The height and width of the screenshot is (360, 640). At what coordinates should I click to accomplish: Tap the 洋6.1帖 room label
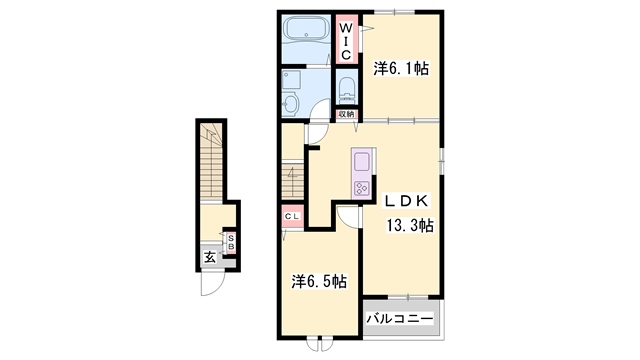pyautogui.click(x=402, y=69)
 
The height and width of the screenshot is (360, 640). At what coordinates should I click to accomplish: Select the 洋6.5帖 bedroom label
pyautogui.click(x=319, y=282)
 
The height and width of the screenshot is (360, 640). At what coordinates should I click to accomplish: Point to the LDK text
pyautogui.click(x=409, y=198)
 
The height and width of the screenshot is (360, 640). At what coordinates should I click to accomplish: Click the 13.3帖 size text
pyautogui.click(x=410, y=226)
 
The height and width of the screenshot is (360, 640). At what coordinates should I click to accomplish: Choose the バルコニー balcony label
pyautogui.click(x=399, y=318)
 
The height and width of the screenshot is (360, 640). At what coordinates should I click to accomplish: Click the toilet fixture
pyautogui.click(x=346, y=89)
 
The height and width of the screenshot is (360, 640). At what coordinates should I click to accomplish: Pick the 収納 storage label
pyautogui.click(x=345, y=115)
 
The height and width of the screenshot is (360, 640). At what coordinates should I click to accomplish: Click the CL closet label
pyautogui.click(x=293, y=216)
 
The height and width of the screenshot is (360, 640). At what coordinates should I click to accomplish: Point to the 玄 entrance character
pyautogui.click(x=210, y=258)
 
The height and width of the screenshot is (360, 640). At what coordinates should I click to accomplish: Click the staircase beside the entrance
pyautogui.click(x=212, y=165)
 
